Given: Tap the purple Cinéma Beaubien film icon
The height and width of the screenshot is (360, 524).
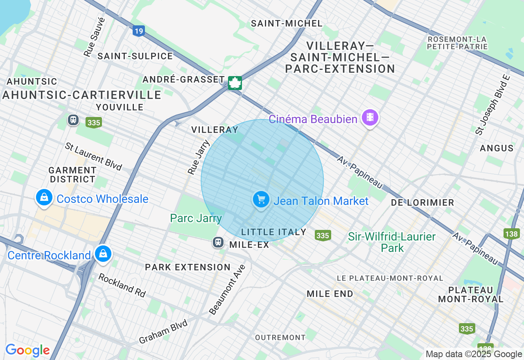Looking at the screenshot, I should [370, 118].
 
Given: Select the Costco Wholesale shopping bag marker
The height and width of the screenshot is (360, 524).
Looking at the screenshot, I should [44, 198].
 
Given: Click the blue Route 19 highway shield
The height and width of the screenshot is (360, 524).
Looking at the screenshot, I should [139, 31].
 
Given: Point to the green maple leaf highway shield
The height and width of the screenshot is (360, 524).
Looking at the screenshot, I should [235, 83].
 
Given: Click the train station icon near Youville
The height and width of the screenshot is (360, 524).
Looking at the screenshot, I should [73, 120].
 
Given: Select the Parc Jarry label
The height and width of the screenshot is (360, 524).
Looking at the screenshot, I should [196, 218].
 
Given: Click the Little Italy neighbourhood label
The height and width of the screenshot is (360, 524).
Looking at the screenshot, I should [273, 232].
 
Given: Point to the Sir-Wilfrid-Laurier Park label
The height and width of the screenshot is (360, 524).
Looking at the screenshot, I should [391, 242].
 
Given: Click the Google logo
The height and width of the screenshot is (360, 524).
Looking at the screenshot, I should [27, 350].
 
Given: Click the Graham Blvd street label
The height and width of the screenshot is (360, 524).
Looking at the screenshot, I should [163, 331].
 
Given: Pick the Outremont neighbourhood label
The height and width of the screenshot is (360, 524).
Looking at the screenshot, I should [280, 337].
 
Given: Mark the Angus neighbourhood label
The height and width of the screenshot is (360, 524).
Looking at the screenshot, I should [497, 148].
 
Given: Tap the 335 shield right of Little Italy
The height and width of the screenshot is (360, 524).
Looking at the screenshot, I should [323, 235].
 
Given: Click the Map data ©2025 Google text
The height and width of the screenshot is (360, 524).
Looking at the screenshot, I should [474, 354].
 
